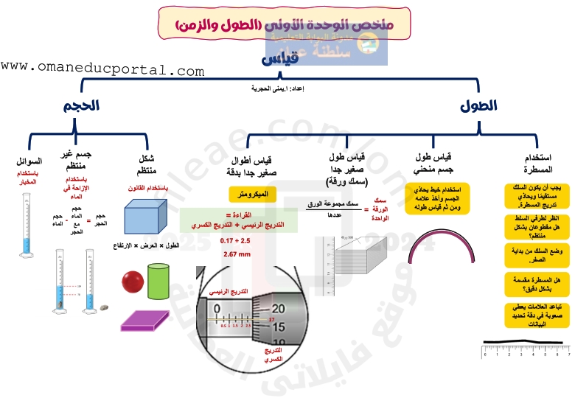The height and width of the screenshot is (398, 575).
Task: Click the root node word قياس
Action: [282, 59]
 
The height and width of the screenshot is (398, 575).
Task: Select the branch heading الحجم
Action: [82, 106]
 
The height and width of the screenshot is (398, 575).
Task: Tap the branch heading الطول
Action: [478, 106]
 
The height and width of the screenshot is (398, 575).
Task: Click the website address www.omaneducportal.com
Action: [102, 70]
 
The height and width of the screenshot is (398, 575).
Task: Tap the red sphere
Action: [133, 281]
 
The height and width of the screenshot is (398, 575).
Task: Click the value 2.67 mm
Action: [237, 254]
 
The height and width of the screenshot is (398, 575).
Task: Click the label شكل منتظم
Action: [146, 164]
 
